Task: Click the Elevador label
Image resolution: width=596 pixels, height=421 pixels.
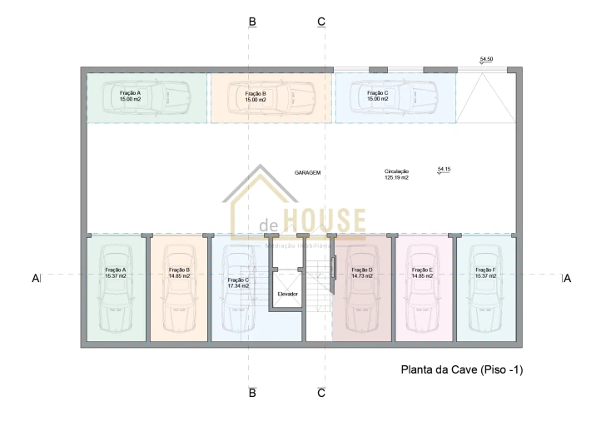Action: coord(288,294)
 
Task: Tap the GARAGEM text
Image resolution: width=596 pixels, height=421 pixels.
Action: coord(307,172)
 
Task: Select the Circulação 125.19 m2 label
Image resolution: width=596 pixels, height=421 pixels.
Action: coord(396,174)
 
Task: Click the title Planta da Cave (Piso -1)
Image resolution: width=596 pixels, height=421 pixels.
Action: coord(462,369)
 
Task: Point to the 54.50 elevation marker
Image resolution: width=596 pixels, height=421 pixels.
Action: coord(486,60)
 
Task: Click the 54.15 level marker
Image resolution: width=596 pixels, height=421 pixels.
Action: coord(444,170)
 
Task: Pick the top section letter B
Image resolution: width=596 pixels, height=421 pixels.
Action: coord(252,22)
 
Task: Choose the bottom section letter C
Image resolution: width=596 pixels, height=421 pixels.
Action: coord(321,393)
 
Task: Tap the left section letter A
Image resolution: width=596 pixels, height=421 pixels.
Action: coord(36,279)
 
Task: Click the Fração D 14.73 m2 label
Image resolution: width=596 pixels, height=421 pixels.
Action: coord(362,273)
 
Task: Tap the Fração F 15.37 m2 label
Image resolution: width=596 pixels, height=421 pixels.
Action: coord(485,273)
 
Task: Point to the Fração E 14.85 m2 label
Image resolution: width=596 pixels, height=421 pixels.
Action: coord(422,273)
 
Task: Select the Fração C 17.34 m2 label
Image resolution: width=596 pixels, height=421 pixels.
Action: coord(238,283)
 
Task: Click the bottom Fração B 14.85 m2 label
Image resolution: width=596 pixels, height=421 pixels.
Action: coord(179,273)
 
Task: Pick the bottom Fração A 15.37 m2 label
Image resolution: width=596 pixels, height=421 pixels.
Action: coord(116,273)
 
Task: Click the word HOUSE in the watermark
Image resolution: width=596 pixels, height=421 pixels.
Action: coord(324,222)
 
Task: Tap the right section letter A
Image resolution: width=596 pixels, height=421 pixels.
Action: coord(567,279)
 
